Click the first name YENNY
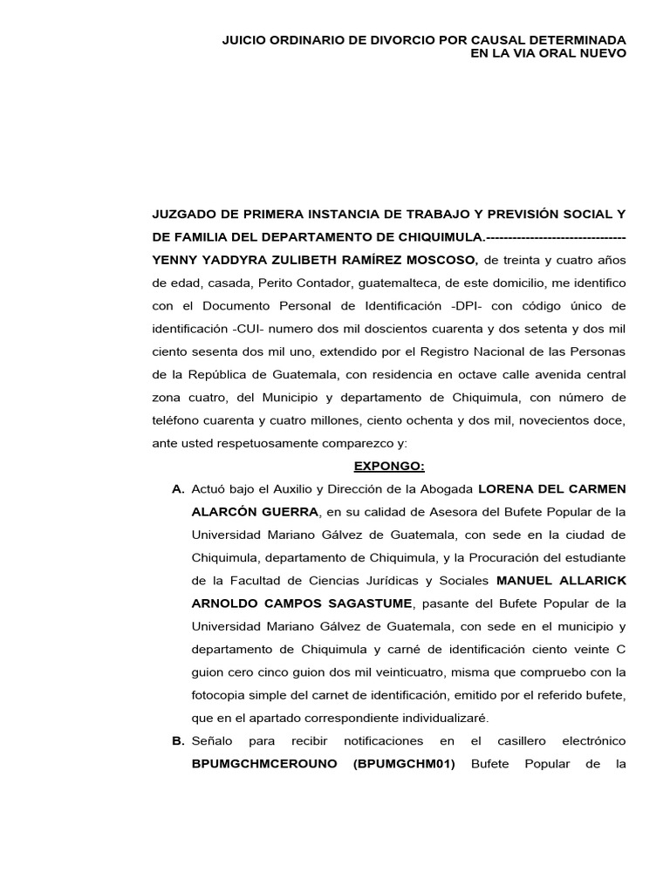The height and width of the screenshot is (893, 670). click(174, 260)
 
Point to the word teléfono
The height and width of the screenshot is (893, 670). click(179, 420)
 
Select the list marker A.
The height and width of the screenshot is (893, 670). click(178, 488)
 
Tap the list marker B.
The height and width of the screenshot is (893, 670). click(178, 741)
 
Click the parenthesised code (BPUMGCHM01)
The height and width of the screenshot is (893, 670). click(404, 765)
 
